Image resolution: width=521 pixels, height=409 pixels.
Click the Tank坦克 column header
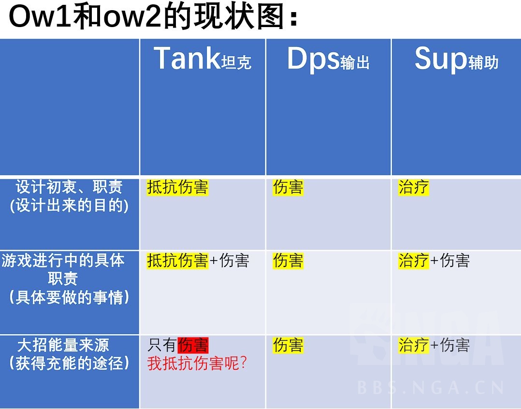pos(203,59)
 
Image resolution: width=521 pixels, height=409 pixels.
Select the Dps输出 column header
pos(328,59)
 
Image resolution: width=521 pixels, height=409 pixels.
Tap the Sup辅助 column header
pos(456,59)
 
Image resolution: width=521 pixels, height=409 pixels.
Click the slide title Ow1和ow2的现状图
pos(154,18)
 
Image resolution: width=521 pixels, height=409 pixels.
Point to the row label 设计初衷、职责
pos(70,187)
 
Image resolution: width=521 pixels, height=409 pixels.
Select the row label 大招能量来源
pos(63,345)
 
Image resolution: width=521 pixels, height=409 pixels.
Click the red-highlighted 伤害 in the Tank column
pos(193,345)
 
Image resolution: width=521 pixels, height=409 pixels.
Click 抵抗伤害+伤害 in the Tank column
pos(198,261)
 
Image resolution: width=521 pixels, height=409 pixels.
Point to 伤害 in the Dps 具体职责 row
pos(288,261)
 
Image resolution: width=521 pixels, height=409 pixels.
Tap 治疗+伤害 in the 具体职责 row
pos(434,261)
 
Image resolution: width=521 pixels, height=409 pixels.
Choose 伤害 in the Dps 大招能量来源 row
pos(288,345)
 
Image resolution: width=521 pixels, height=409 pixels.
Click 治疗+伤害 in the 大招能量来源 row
pos(434,345)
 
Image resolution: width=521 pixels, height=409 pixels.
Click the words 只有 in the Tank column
pos(162,345)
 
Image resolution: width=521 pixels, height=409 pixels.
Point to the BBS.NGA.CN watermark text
pos(431,387)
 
